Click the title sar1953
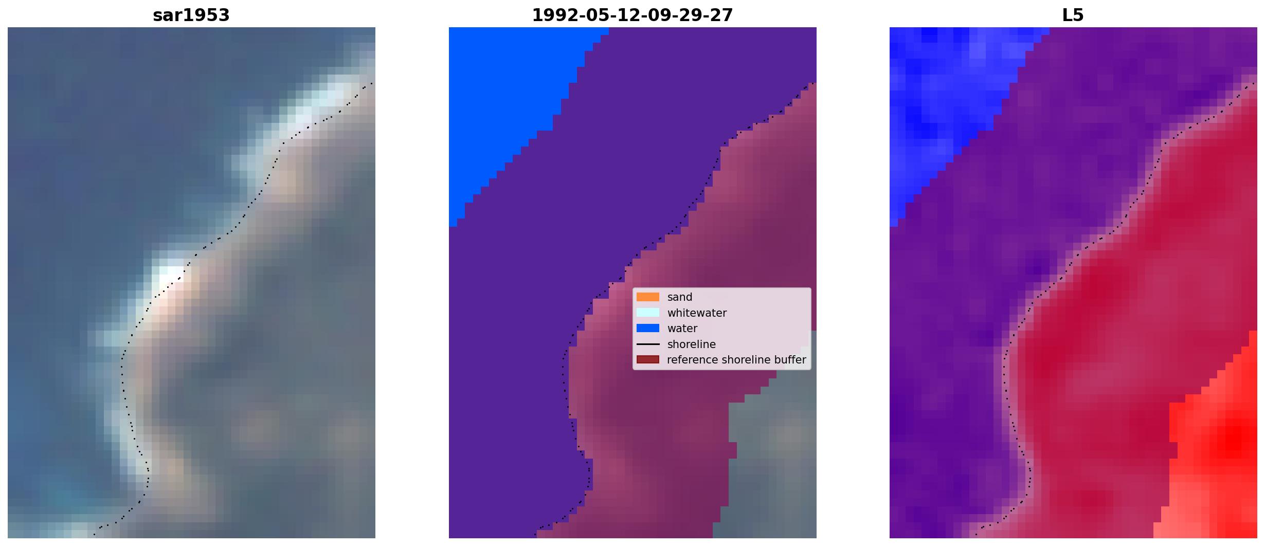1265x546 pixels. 191,15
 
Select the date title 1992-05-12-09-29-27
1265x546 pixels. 633,15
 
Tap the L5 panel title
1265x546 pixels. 1073,15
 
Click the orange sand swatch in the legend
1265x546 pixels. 648,297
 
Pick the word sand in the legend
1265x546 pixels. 680,297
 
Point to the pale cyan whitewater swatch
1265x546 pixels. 648,313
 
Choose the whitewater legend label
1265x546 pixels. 697,313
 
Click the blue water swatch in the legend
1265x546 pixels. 648,328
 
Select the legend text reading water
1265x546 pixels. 682,329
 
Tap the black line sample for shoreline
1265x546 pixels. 648,344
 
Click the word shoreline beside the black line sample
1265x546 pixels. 692,344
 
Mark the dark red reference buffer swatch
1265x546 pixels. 648,359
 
